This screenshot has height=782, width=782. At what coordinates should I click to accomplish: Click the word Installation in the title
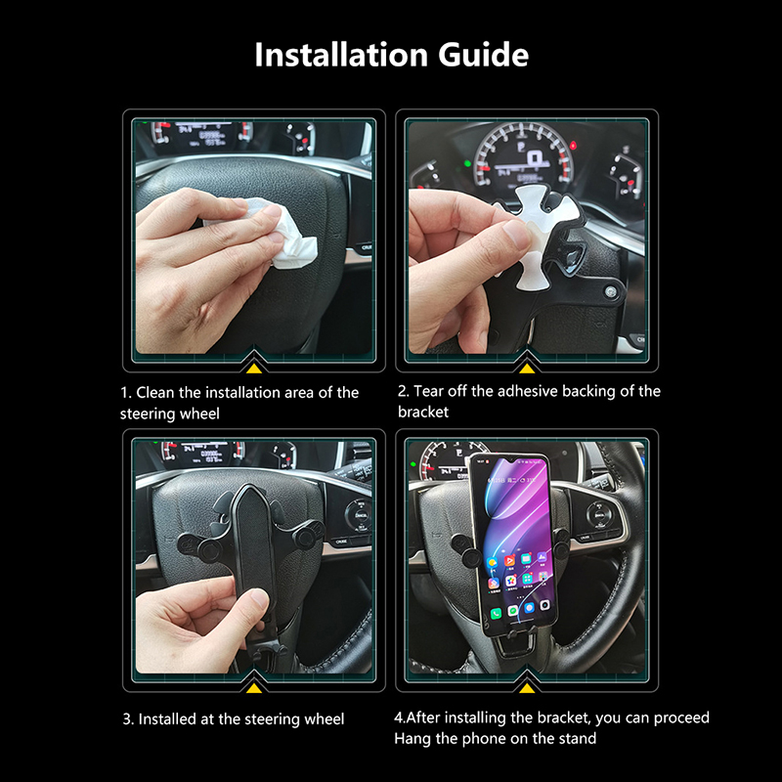click(x=341, y=55)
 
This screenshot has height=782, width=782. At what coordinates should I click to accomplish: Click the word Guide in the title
click(x=483, y=55)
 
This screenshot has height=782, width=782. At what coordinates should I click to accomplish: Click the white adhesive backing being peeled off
click(x=534, y=236)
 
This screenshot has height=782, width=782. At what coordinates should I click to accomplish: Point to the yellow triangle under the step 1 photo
click(x=254, y=369)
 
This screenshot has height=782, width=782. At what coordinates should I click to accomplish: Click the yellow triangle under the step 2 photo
click(x=527, y=369)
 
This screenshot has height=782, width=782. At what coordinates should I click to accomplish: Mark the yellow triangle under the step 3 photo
click(x=254, y=688)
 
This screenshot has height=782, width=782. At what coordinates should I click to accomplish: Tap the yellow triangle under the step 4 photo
click(x=527, y=688)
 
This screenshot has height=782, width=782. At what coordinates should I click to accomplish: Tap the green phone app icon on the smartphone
click(x=496, y=613)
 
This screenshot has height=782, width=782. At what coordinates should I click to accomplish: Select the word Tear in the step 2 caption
click(x=428, y=391)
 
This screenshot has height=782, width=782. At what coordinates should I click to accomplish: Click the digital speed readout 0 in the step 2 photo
click(x=535, y=158)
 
